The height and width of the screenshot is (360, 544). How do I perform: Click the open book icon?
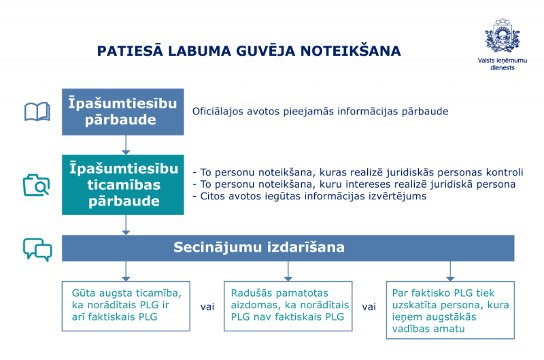(x=37, y=112)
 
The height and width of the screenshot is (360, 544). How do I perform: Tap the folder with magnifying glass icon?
(x=37, y=185)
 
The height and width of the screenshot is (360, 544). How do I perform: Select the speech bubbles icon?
(x=37, y=249)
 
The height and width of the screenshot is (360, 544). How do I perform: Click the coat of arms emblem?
(x=502, y=36)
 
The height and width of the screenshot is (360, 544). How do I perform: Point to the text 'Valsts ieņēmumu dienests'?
(x=502, y=64)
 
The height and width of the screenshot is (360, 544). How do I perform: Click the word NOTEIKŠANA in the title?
(x=350, y=51)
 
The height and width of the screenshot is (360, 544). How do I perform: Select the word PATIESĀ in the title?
(x=130, y=50)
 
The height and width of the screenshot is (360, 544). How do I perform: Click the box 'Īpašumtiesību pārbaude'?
(x=123, y=112)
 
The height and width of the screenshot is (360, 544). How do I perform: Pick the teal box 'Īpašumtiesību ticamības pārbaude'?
(x=123, y=184)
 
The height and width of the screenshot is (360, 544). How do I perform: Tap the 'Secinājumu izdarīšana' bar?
(x=288, y=248)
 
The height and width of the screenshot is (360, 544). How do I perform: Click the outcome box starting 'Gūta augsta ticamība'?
(x=126, y=306)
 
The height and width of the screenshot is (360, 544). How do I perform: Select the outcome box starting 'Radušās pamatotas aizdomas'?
(x=288, y=306)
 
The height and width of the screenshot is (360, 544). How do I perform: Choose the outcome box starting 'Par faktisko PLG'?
(x=450, y=310)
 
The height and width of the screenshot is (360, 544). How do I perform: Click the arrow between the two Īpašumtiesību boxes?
(x=126, y=145)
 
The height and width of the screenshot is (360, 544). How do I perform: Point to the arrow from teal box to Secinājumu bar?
(x=126, y=225)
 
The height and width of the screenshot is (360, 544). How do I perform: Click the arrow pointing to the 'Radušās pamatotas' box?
(x=288, y=271)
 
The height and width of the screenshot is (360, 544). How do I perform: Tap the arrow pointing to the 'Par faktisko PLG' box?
(x=450, y=271)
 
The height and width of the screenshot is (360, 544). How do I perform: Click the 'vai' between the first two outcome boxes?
(x=207, y=307)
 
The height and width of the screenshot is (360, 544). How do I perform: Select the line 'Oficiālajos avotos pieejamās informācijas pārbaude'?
(x=320, y=112)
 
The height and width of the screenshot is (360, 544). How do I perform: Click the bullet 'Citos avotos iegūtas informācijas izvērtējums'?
(x=309, y=196)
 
